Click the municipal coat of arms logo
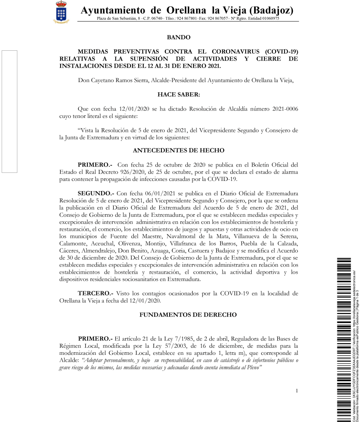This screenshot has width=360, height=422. (x=63, y=12)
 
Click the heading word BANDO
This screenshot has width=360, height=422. (x=178, y=38)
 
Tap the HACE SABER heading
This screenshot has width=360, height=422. (x=178, y=94)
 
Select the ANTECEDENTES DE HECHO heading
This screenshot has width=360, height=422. (x=178, y=150)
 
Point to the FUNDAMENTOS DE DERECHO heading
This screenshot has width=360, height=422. (x=188, y=315)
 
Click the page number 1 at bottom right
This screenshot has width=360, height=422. (x=297, y=390)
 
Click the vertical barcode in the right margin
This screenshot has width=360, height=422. (x=344, y=338)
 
